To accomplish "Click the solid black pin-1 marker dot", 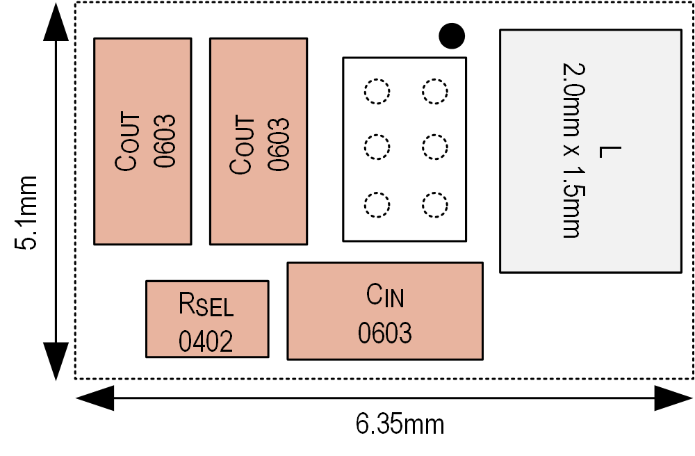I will click(x=452, y=35).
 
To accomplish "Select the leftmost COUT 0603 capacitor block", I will click(x=142, y=141).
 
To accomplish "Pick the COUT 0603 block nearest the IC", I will click(x=259, y=141).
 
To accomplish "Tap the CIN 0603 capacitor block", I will click(x=385, y=311).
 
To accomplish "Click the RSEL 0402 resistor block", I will click(x=207, y=319).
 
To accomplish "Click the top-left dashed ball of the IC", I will click(x=377, y=91).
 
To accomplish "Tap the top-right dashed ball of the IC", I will click(x=435, y=91).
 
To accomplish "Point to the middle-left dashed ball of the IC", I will click(x=377, y=147).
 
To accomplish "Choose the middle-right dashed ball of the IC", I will click(x=435, y=147).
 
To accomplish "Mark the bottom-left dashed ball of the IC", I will click(x=377, y=204).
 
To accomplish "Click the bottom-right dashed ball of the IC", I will click(x=435, y=204).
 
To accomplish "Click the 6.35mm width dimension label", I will click(x=400, y=423).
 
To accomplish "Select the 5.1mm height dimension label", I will click(x=28, y=211).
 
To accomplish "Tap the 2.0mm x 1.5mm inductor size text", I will click(x=571, y=151).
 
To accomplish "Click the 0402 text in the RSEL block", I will click(x=206, y=340).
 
